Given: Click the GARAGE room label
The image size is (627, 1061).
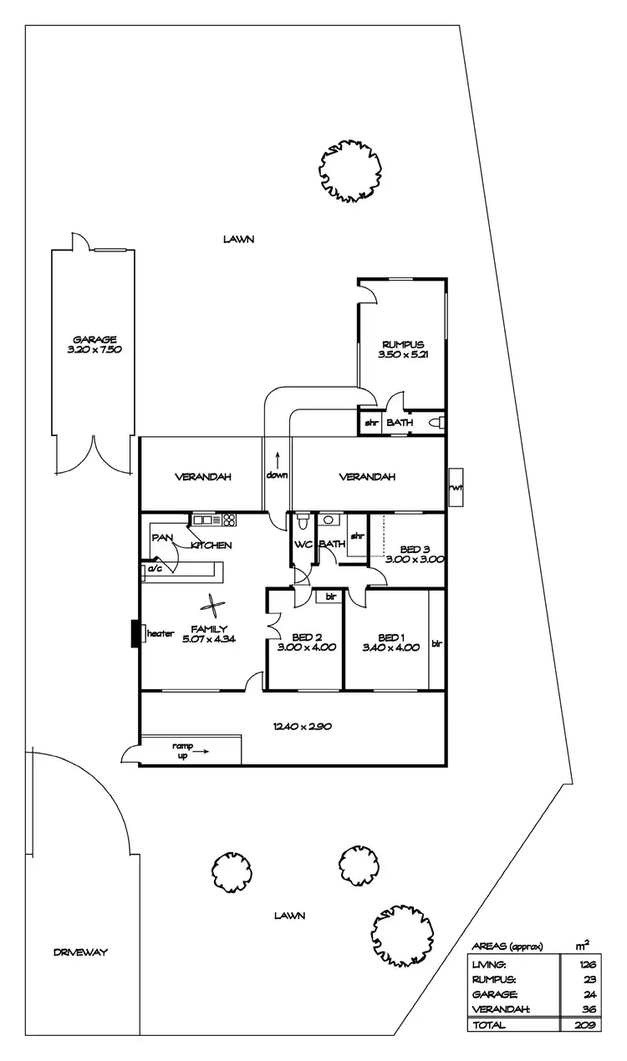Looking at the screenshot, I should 94,339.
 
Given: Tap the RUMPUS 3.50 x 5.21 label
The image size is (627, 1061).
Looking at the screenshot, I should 403,350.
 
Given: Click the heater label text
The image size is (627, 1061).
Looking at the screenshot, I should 160,633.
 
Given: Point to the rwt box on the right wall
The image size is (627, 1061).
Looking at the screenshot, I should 456,487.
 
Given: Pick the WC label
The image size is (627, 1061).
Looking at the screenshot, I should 302,545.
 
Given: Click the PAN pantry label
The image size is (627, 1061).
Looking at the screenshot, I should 161,538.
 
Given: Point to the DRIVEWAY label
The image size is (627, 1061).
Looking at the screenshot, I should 80,952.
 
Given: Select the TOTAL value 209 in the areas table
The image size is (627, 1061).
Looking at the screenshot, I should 584,1025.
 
